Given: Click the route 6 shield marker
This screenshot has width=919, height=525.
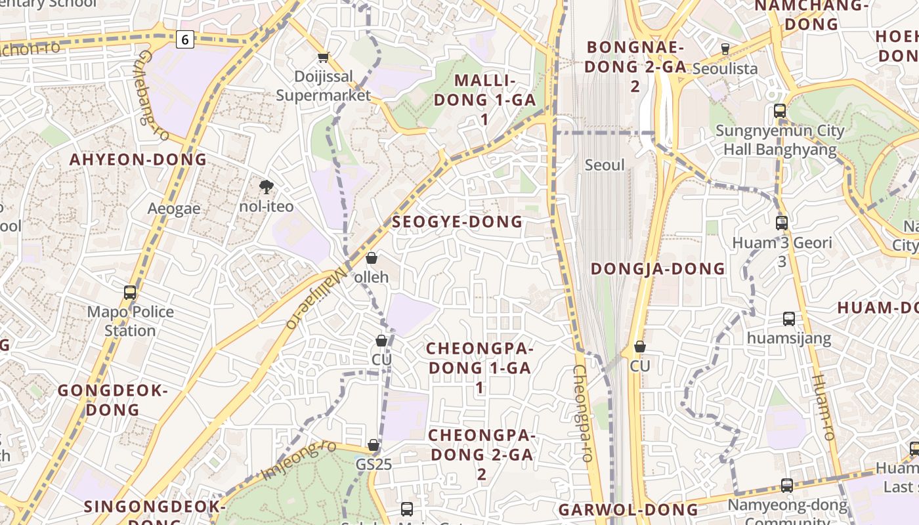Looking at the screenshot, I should [x=185, y=40].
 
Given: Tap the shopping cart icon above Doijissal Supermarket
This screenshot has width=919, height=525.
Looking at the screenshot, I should [x=323, y=57].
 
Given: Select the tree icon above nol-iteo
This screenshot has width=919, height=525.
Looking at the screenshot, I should [x=266, y=188].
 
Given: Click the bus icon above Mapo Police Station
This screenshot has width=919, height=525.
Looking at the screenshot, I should [x=130, y=293].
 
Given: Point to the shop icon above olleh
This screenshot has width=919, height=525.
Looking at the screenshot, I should [x=371, y=258].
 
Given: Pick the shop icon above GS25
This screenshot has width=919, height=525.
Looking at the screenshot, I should [x=374, y=446].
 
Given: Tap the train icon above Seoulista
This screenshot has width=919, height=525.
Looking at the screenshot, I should [x=725, y=49].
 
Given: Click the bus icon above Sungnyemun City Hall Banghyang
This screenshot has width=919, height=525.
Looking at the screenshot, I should [x=780, y=111].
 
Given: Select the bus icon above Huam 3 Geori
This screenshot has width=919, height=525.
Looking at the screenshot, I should [x=781, y=223].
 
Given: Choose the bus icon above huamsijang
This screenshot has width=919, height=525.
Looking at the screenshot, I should [x=789, y=319].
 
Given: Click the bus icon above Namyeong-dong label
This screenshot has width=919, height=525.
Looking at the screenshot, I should [x=786, y=486].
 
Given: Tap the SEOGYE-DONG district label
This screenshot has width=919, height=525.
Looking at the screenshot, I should [x=457, y=222].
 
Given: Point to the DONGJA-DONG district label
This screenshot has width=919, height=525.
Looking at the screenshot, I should [x=658, y=268].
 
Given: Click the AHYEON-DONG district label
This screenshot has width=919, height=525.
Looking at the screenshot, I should [x=138, y=159].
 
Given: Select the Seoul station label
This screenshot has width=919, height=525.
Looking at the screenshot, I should [x=605, y=165].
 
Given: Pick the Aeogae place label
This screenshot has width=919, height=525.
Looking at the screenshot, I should [x=173, y=208].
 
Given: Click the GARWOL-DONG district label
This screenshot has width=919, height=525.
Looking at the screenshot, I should [x=628, y=510].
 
